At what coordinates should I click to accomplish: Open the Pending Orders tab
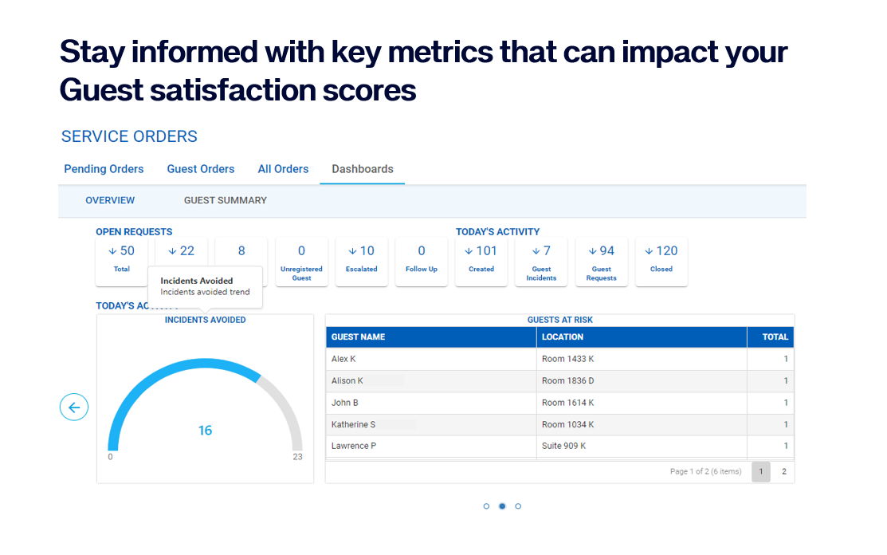(x=104, y=169)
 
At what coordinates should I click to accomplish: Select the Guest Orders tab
(x=201, y=169)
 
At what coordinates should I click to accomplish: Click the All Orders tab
(x=283, y=169)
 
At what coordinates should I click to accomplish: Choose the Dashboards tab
(x=363, y=169)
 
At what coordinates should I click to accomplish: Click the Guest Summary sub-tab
(x=226, y=200)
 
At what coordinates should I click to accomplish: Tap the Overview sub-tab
(x=110, y=200)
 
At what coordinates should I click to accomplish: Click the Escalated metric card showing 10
(x=361, y=261)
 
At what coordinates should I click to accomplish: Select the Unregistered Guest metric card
(x=301, y=261)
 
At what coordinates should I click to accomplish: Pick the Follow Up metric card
(x=422, y=261)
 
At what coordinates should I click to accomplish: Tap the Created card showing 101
(x=481, y=261)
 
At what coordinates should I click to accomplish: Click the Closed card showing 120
(x=661, y=261)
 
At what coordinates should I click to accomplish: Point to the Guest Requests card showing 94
(x=602, y=261)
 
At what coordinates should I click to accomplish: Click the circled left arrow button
(x=74, y=407)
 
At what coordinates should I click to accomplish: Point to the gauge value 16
(x=205, y=431)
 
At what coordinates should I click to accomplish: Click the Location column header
(x=563, y=337)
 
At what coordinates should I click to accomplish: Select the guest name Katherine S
(x=354, y=424)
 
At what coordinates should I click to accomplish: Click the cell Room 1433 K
(x=567, y=359)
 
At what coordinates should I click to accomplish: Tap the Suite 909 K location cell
(x=563, y=446)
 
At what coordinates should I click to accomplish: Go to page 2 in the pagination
(x=783, y=471)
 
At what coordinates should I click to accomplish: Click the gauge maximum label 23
(x=297, y=457)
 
